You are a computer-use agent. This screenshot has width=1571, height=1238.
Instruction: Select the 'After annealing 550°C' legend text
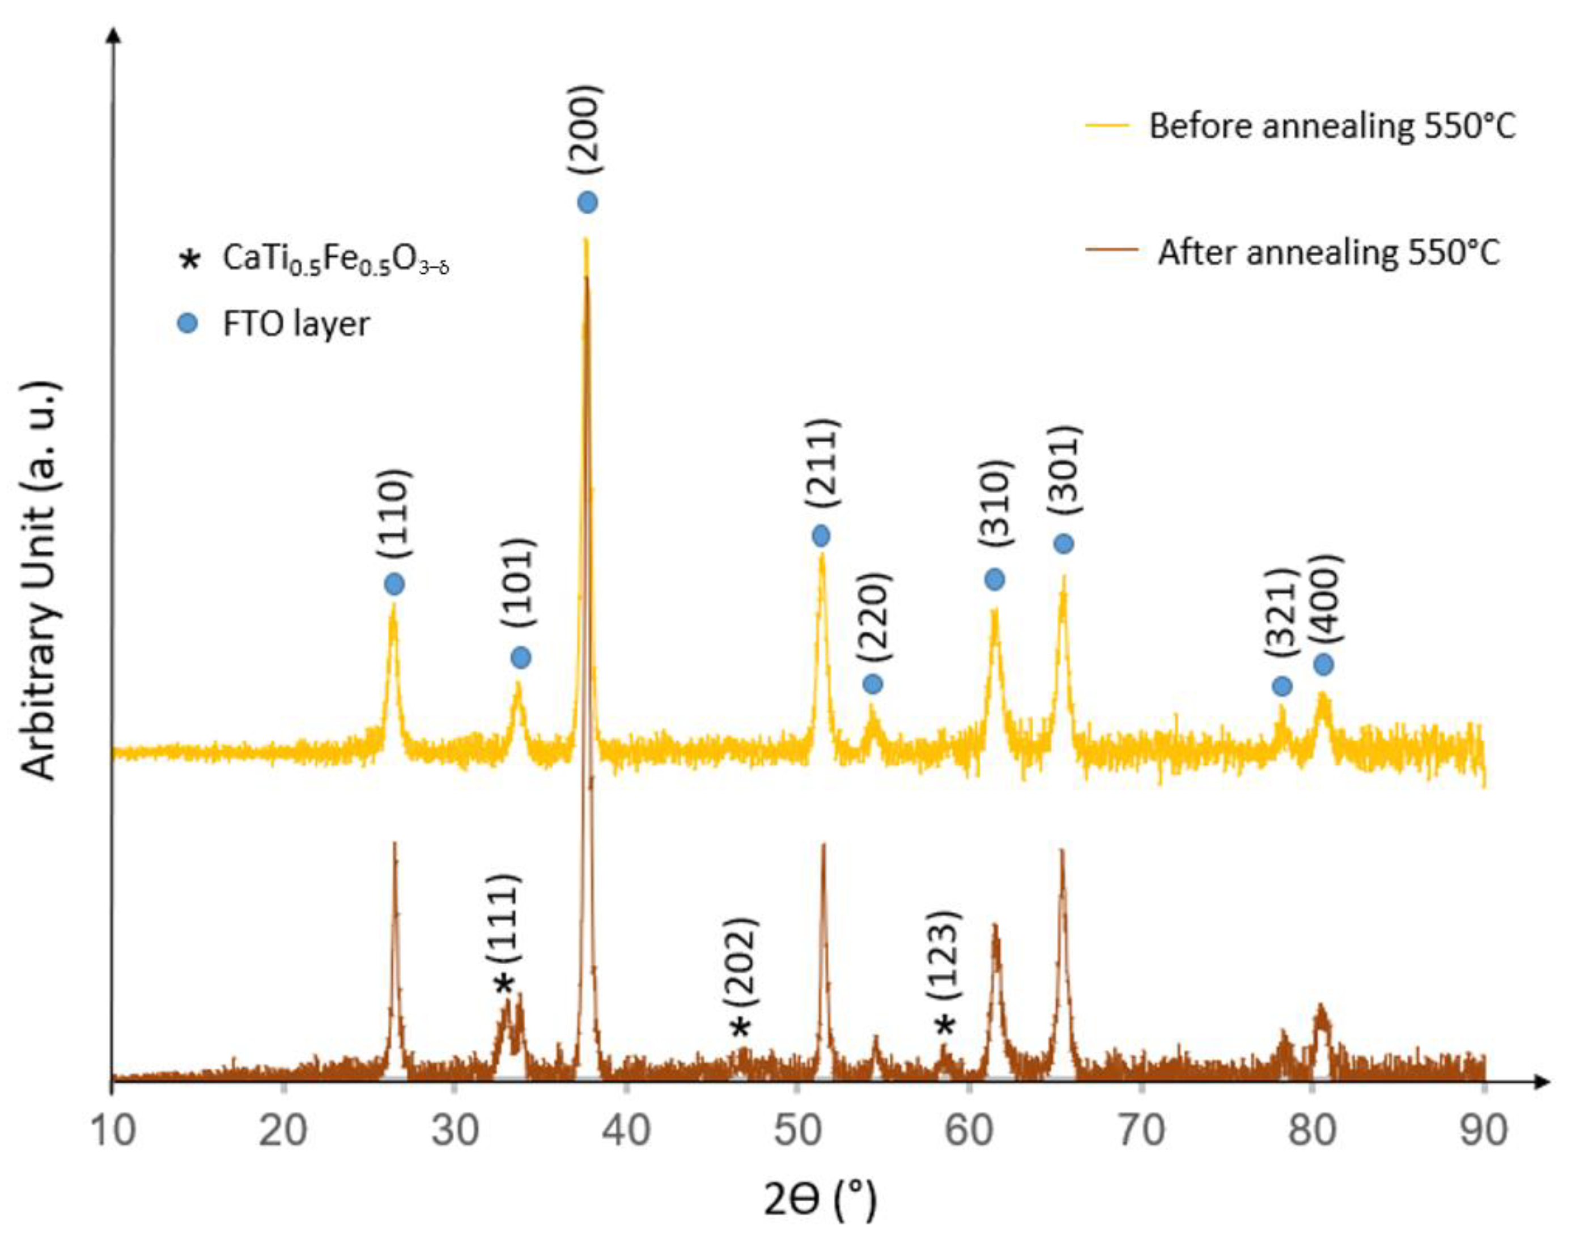(1328, 253)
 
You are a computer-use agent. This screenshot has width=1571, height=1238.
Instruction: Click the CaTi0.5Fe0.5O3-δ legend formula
(336, 258)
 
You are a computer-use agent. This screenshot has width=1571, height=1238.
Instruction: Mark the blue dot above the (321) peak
(1282, 686)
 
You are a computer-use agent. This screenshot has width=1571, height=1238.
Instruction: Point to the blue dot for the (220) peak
(873, 684)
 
